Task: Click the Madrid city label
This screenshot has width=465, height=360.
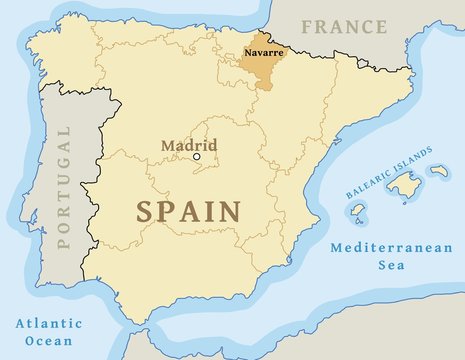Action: pos(189,145)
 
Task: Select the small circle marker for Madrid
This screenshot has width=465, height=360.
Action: pos(197,156)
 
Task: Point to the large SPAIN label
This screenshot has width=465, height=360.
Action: pos(188,211)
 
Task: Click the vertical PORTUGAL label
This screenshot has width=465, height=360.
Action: pos(67,187)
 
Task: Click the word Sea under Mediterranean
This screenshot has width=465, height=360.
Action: pos(383,265)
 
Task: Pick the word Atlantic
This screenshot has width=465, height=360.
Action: pos(47,323)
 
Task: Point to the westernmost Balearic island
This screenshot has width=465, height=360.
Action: pos(358,213)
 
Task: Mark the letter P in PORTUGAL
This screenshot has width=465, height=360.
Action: pos(67,240)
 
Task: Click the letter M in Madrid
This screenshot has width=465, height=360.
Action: pos(168,145)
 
